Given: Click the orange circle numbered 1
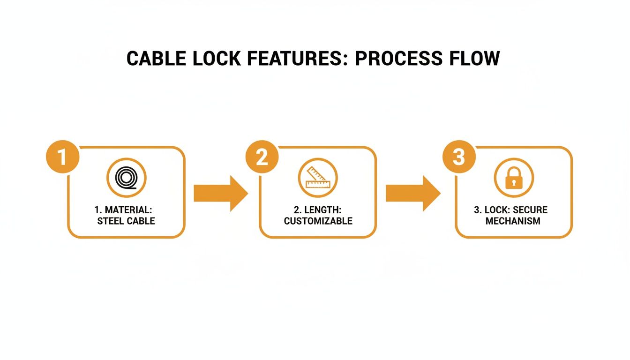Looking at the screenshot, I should (x=62, y=157).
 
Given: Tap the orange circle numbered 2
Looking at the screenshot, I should (x=262, y=157).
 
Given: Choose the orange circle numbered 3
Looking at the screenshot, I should (x=459, y=157).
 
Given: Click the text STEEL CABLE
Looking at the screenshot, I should (x=126, y=221).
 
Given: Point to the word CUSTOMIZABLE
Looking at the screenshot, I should (x=318, y=221).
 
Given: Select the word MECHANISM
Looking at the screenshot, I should (x=513, y=221).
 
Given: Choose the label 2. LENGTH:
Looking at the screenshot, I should (x=318, y=210).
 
